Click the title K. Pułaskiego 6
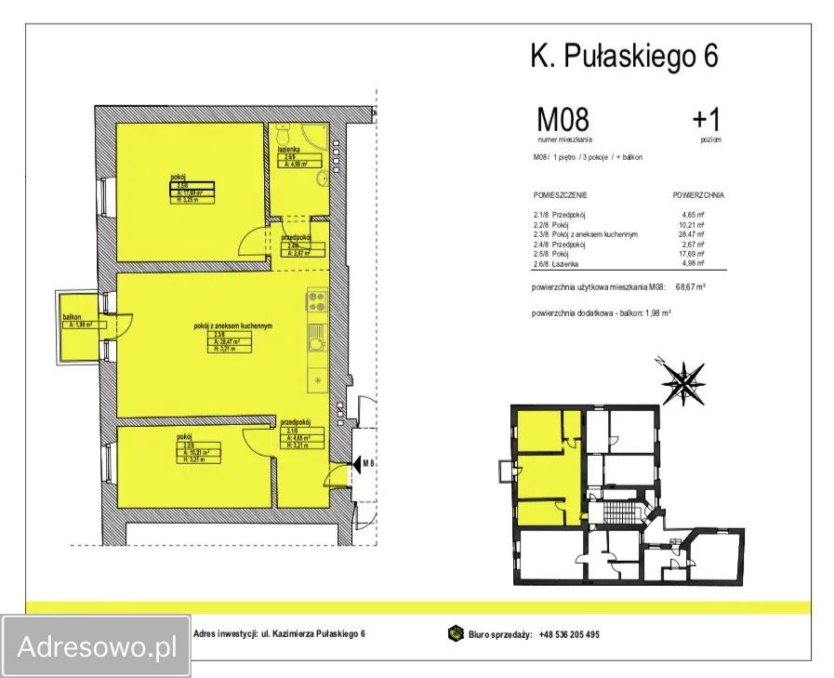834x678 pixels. (624, 56)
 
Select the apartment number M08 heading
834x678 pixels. (563, 120)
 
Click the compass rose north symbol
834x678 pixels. (683, 379)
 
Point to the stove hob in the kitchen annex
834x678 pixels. (316, 301)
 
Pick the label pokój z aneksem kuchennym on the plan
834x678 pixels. (232, 326)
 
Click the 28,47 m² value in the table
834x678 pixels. (693, 234)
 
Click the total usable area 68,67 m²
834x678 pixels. (688, 287)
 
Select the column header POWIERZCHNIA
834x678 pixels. (697, 196)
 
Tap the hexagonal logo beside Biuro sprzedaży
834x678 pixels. (456, 634)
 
